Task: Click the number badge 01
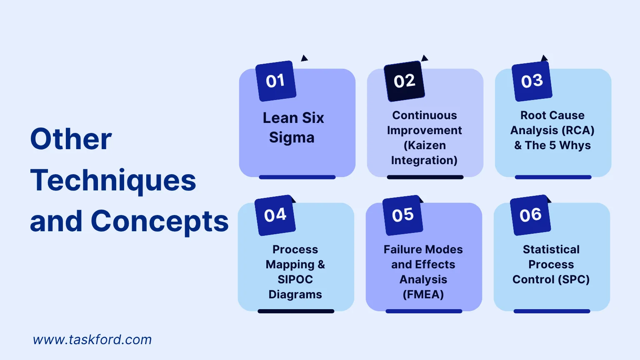[x=276, y=81]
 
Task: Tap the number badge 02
[x=404, y=81]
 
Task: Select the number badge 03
[x=532, y=81]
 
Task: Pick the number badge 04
[x=275, y=215]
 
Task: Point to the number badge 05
[x=402, y=215]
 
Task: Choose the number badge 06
[x=530, y=215]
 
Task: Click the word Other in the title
[x=71, y=139]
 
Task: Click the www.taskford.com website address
[x=92, y=340]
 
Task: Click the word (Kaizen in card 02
[x=425, y=146]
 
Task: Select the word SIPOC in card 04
[x=295, y=280]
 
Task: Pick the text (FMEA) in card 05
[x=423, y=295]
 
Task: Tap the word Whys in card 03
[x=575, y=146]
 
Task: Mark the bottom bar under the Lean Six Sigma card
[x=297, y=177]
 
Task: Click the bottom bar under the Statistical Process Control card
[x=552, y=311]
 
